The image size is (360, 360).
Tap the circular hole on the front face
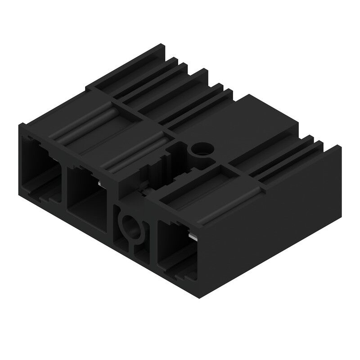tap(130, 224)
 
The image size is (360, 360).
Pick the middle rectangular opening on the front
tap(88, 193)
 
